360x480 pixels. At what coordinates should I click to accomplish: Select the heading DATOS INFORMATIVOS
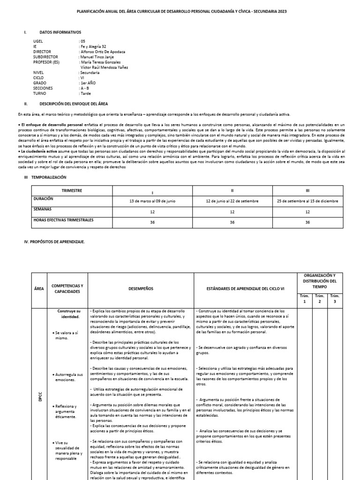60,32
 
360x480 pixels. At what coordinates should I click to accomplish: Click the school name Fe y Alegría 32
96,46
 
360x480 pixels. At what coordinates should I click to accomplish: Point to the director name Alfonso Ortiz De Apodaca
103,52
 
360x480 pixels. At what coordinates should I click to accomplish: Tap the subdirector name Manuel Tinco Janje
98,57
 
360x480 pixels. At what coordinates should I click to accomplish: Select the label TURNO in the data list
40,93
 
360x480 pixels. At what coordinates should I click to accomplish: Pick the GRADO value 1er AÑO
92,83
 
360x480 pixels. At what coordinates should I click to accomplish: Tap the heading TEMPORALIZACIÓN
49,177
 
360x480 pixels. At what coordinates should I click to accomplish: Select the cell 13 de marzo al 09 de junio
152,201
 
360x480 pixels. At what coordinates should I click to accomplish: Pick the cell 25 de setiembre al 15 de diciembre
307,201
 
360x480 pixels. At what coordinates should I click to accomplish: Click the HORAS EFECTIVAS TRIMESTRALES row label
63,219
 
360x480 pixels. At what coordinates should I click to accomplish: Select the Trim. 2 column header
319,299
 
